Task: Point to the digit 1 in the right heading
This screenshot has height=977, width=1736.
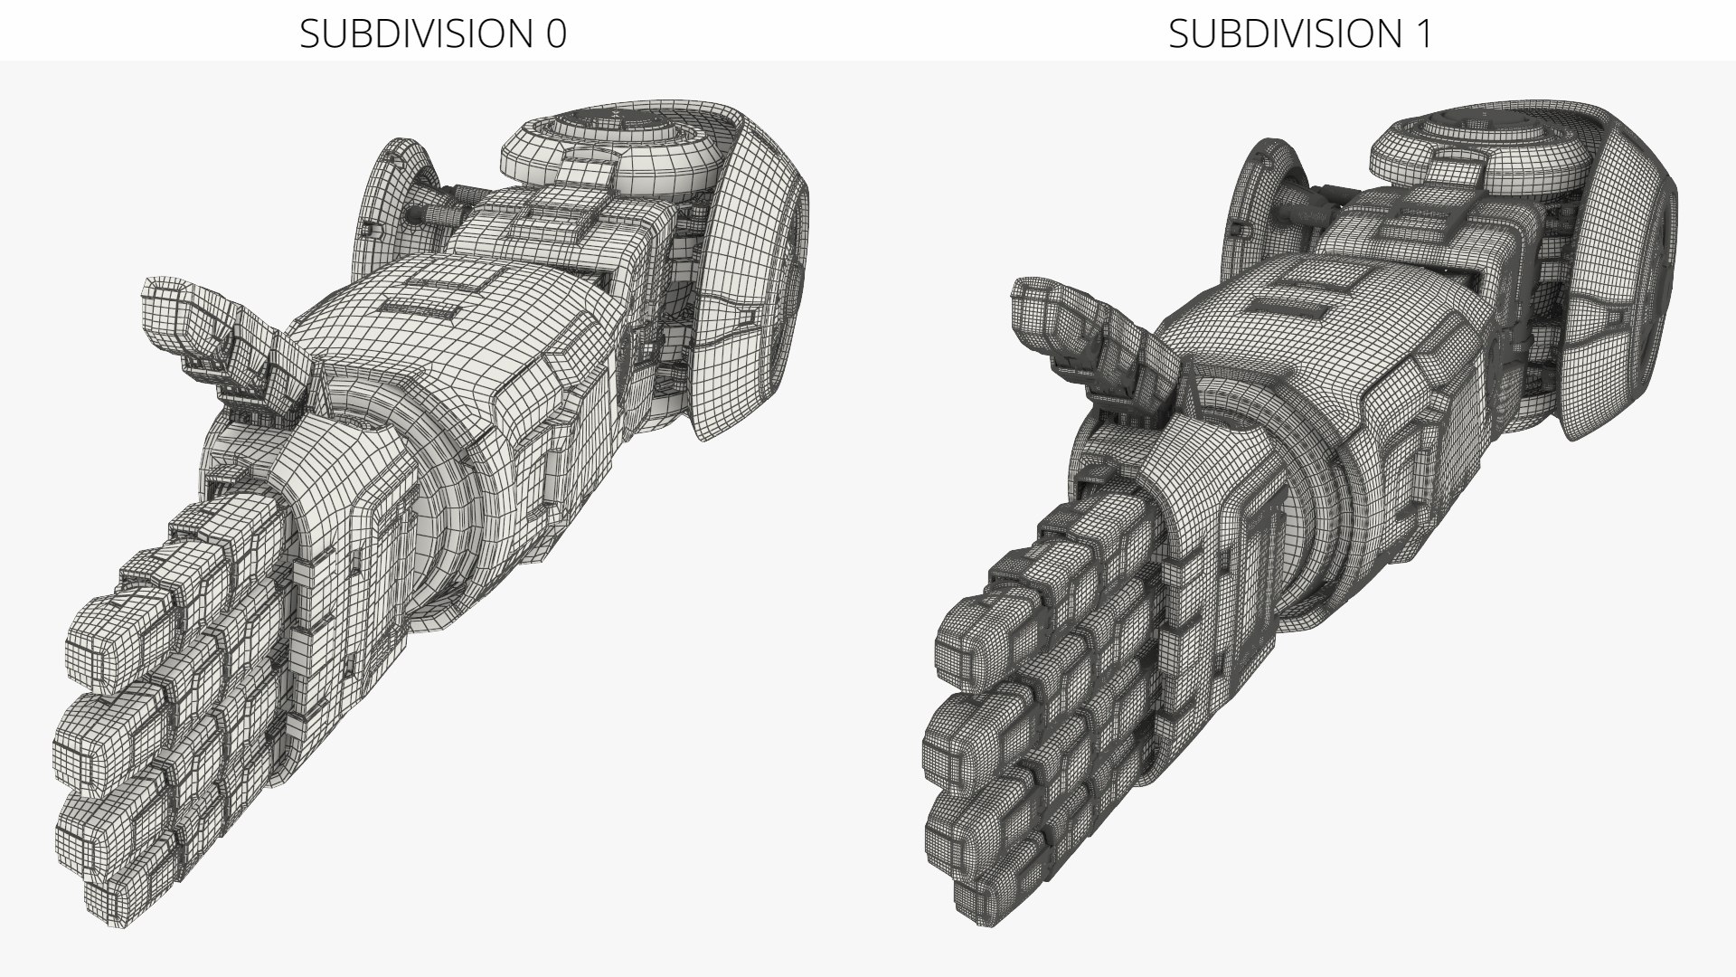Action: [x=1423, y=33]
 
